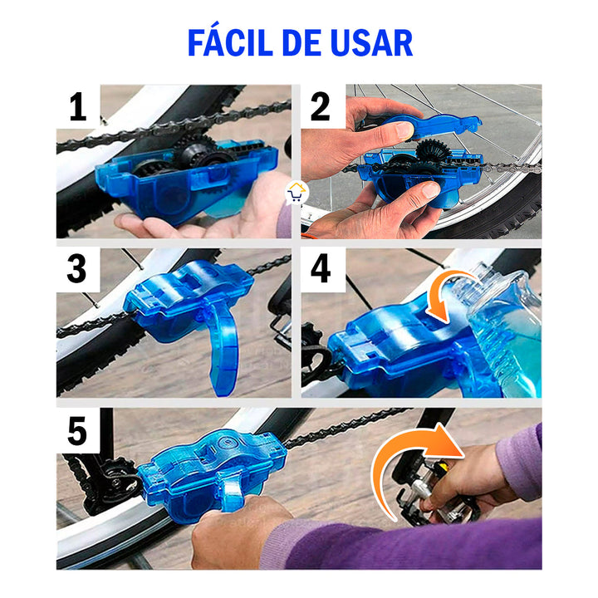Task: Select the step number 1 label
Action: [x=77, y=107]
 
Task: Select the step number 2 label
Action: [x=321, y=107]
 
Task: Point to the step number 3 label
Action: [x=77, y=270]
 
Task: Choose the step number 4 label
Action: [x=321, y=270]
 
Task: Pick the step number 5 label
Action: [x=77, y=431]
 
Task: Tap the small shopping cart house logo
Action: [x=296, y=194]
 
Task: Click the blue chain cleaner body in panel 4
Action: [x=390, y=349]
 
